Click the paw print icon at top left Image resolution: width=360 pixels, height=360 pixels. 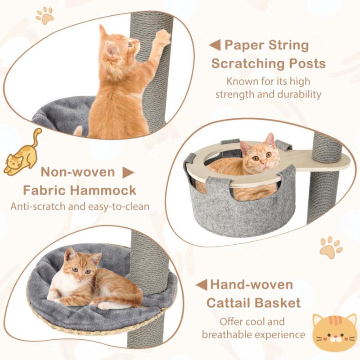coord(44,16)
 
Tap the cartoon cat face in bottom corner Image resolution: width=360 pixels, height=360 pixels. coord(334,334)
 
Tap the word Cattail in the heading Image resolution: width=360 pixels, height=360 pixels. coord(230,302)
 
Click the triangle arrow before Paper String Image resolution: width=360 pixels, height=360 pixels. coord(215,45)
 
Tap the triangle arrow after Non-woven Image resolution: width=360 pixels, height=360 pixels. coord(129,172)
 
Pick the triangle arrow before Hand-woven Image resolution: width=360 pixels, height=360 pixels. coord(201,284)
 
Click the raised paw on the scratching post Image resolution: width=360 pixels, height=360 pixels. coord(162,37)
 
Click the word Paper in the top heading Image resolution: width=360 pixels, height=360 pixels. coord(244,45)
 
